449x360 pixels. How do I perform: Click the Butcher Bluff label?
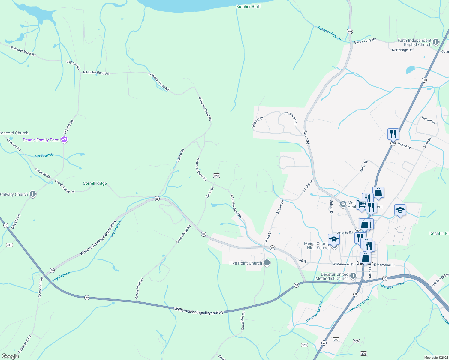[248, 7]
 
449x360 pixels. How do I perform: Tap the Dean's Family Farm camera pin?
[64, 139]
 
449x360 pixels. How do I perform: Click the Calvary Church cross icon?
[33, 194]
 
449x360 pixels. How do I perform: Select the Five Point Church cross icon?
[266, 263]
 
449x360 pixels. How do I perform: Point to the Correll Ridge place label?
[95, 183]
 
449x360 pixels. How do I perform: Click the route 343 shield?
[216, 176]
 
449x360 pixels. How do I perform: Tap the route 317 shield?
[9, 245]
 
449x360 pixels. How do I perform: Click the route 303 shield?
[304, 345]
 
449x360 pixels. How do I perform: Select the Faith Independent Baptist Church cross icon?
[436, 42]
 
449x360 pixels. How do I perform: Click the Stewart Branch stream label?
[329, 33]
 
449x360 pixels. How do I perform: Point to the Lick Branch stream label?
[43, 156]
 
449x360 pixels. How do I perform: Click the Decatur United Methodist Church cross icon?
[353, 276]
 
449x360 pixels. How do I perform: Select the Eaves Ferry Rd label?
[365, 41]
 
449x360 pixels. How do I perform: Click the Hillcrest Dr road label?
[258, 122]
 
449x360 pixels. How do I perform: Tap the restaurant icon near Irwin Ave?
[393, 134]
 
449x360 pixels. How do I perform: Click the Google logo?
[10, 356]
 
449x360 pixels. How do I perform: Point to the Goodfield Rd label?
[243, 321]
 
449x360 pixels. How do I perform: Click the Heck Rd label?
[209, 192]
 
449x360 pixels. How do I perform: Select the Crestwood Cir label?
[290, 118]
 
